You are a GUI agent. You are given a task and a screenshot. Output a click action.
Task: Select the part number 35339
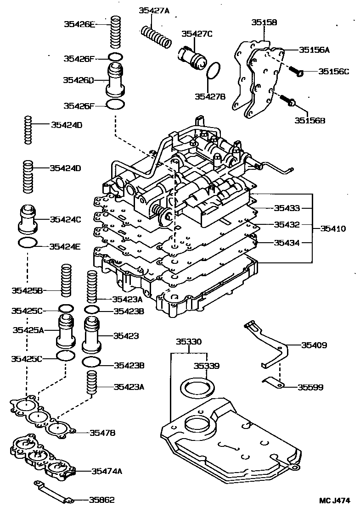[206, 366]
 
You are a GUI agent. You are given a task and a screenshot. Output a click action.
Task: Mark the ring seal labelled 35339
[199, 387]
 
